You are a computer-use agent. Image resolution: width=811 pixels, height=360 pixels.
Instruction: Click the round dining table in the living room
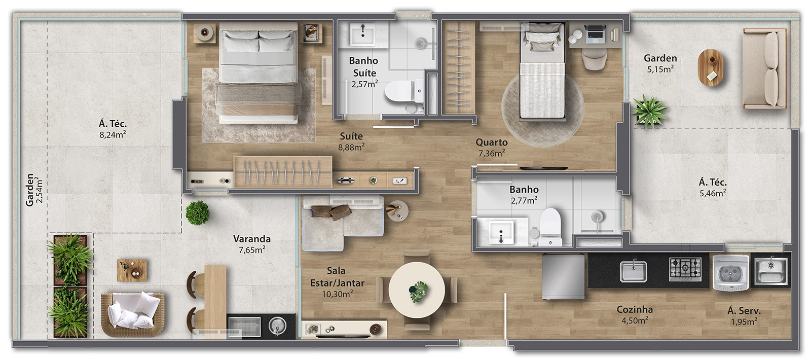(x=417, y=290)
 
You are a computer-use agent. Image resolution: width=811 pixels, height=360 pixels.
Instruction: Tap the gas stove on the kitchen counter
(x=685, y=269)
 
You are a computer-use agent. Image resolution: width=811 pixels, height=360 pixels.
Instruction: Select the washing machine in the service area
(x=730, y=272)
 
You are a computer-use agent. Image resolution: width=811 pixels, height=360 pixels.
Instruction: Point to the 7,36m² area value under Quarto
(x=491, y=153)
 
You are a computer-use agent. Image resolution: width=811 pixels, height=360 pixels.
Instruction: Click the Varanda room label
(x=251, y=239)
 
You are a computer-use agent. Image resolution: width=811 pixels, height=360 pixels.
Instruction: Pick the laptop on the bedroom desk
(x=595, y=32)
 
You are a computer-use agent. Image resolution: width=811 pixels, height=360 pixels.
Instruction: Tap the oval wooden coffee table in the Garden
(x=710, y=67)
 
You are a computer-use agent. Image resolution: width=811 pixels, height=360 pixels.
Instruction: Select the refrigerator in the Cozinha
(x=563, y=276)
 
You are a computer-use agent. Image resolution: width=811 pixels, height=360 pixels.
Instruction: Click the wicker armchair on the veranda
(x=132, y=314)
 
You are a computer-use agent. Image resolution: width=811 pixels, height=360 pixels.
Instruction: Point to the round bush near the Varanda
(x=197, y=213)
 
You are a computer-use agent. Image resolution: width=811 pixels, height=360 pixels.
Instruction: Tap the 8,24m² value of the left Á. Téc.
(x=113, y=135)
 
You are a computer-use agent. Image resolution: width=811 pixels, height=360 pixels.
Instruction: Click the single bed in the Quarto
(x=542, y=70)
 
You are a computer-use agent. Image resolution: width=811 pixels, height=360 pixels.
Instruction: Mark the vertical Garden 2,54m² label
(x=34, y=190)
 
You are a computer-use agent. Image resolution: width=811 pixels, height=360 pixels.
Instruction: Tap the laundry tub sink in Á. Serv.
(x=771, y=271)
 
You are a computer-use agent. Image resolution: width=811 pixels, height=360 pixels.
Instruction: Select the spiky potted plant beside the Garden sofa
(x=649, y=112)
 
